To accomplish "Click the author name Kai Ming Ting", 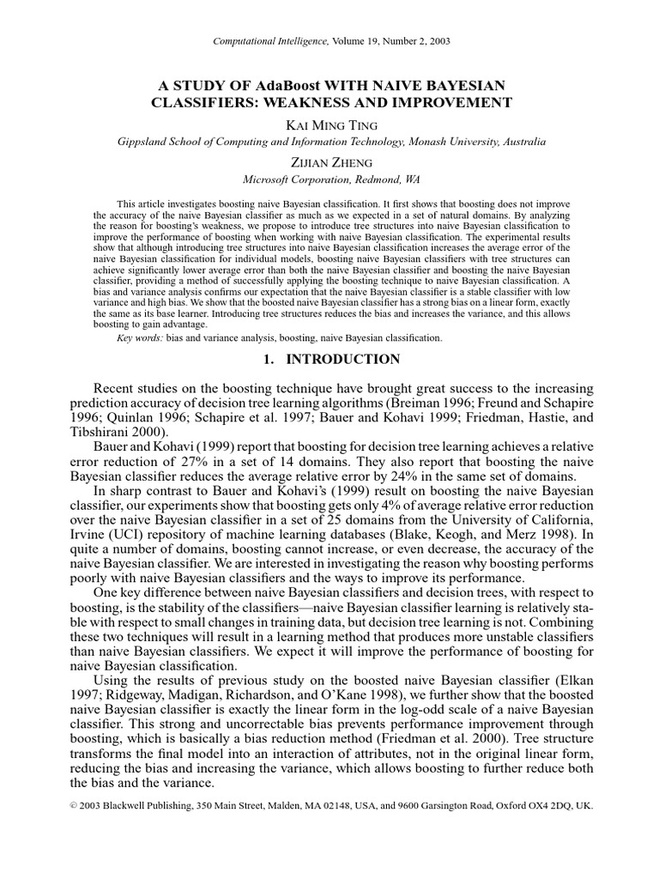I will tap(330, 125).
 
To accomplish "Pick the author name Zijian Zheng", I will tap(329, 162).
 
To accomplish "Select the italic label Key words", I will tap(140, 338).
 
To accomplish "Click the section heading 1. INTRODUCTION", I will tap(329, 360).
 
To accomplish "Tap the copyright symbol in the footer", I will tap(71, 807).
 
